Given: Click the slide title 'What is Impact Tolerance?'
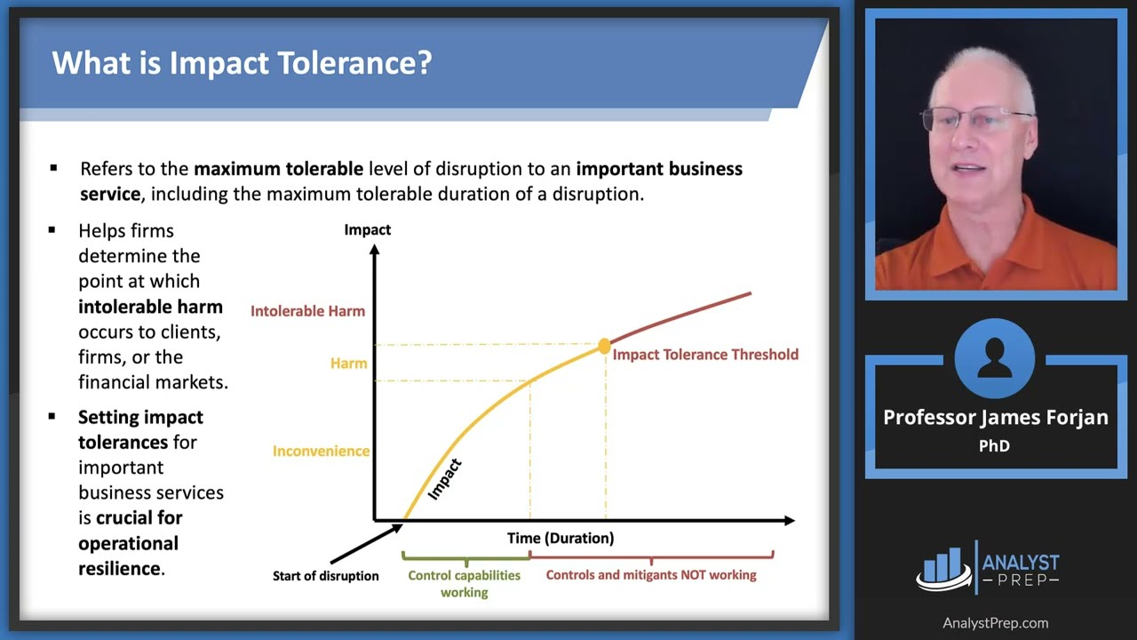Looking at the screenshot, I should [242, 63].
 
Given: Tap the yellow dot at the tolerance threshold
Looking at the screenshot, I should [605, 346].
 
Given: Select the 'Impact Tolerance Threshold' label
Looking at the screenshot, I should [705, 355].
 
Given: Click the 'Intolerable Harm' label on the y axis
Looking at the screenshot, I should [307, 311].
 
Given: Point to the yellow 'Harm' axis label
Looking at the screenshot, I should [348, 363].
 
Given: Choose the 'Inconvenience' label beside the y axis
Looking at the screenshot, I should [321, 451].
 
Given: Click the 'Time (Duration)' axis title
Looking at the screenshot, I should [560, 538].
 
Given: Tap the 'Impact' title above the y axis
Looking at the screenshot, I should [367, 230].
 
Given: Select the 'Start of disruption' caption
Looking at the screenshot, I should [325, 576].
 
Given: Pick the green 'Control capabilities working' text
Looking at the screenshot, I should [464, 583].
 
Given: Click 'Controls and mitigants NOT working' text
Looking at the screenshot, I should [651, 575].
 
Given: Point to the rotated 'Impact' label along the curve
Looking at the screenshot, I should [445, 479].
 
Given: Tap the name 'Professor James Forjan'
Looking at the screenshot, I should [995, 418].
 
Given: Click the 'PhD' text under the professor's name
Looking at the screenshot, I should [994, 446].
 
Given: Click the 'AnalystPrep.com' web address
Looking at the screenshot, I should [995, 623].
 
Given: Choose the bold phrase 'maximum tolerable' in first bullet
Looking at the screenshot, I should [278, 169].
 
